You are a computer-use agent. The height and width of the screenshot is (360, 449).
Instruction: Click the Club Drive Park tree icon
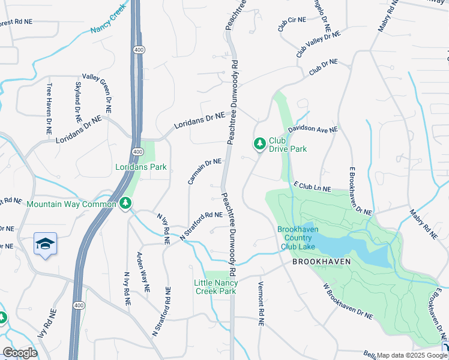pyautogui.click(x=259, y=143)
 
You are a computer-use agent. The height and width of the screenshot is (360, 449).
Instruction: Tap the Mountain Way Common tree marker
pyautogui.click(x=125, y=204)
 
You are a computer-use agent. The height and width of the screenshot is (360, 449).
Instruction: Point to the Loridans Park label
pyautogui.click(x=141, y=167)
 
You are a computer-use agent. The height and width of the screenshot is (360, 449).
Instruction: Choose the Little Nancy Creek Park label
pyautogui.click(x=216, y=287)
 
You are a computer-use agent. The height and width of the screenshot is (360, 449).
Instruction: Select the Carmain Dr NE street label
pyautogui.click(x=205, y=171)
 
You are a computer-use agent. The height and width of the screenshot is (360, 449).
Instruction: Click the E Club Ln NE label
pyautogui.click(x=312, y=187)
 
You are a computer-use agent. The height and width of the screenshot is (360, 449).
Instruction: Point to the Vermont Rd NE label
pyautogui.click(x=261, y=304)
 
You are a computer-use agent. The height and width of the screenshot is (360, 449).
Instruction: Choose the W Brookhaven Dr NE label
pyautogui.click(x=348, y=301)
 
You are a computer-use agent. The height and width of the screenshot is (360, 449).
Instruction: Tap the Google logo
pyautogui.click(x=20, y=353)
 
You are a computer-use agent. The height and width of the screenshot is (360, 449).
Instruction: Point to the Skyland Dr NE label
pyautogui.click(x=78, y=99)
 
